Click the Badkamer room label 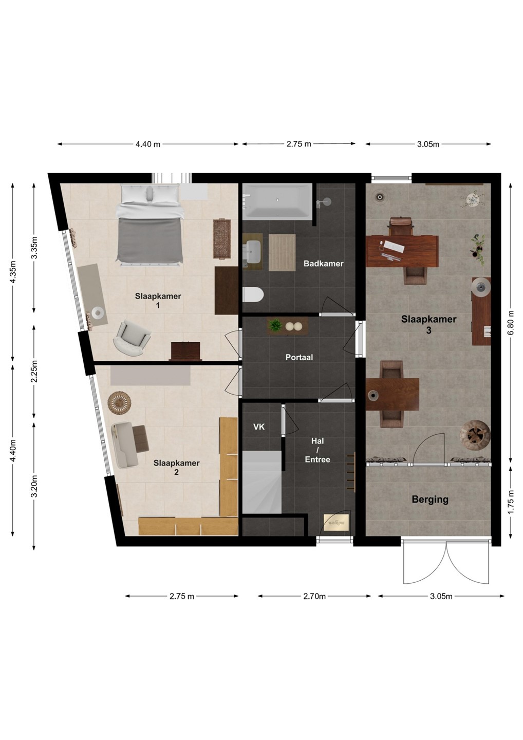coord(323,263)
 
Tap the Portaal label coord(299,357)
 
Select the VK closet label coord(259,427)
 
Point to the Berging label coord(430,499)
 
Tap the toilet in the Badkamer coord(253,294)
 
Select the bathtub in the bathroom coord(277,201)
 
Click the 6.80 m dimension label coord(511,322)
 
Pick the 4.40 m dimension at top coord(148,144)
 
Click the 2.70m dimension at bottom coord(314,596)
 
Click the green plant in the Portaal coord(275,325)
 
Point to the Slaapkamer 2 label coord(176,468)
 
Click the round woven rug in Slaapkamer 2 coord(120,403)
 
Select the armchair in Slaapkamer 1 coord(132,338)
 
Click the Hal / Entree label coord(317,450)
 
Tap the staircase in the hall coord(262,483)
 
